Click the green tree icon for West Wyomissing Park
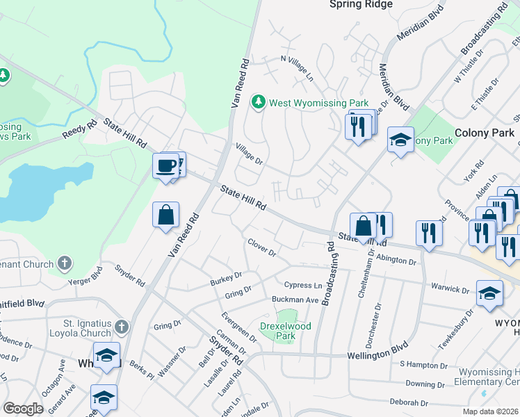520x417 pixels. click(x=259, y=103)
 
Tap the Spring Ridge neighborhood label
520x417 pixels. click(x=360, y=5)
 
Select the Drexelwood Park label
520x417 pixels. click(x=285, y=330)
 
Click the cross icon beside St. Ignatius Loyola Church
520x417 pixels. click(x=122, y=327)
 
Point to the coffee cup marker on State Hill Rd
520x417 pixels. click(x=167, y=165)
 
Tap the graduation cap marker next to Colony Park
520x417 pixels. click(x=400, y=140)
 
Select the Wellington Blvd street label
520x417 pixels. click(x=376, y=354)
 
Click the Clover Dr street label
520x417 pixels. click(x=262, y=247)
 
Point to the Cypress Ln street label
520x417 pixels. click(x=303, y=285)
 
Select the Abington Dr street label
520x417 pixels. click(x=395, y=262)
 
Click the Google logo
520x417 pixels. click(x=24, y=409)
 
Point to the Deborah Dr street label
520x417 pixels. click(x=409, y=402)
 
